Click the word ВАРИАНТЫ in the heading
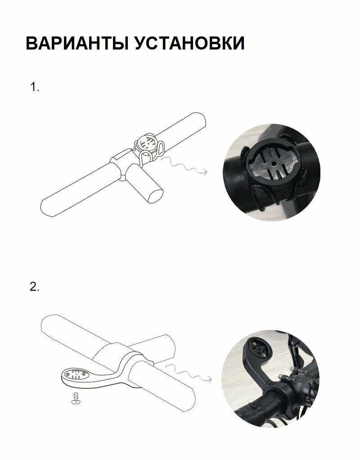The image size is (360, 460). click(x=77, y=43)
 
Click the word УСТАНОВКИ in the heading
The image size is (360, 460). click(x=189, y=43)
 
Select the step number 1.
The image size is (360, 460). click(x=35, y=87)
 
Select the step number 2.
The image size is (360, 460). click(x=34, y=287)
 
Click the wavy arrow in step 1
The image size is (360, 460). click(x=184, y=166)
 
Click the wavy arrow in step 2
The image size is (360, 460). click(x=188, y=373)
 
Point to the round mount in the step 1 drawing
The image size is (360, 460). click(x=148, y=143)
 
